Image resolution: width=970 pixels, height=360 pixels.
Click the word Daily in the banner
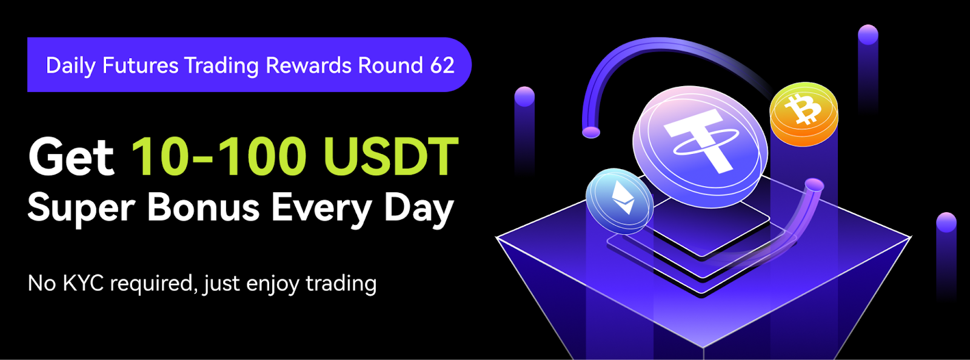70,66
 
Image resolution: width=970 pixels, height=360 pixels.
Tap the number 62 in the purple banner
443,65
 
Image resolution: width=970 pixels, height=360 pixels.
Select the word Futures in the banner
140,65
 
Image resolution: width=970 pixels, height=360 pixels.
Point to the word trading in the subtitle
341,285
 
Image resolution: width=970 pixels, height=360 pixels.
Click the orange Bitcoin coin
804,113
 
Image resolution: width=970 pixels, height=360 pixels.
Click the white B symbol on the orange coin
803,110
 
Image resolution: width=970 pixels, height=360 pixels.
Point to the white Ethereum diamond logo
623,198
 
